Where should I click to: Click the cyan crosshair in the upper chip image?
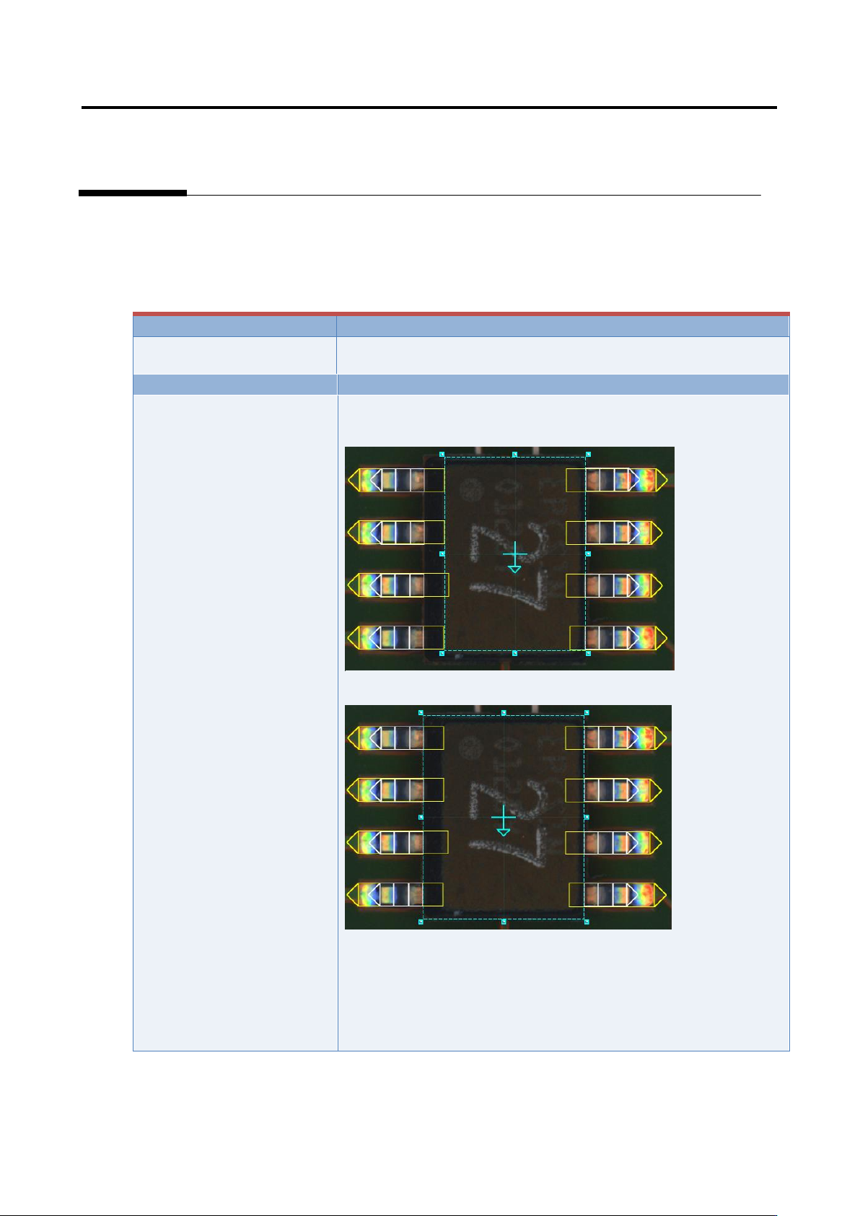pos(514,555)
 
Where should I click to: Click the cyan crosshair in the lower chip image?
pos(503,818)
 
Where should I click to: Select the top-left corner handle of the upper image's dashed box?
pos(442,455)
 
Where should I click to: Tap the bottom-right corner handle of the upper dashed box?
pos(588,653)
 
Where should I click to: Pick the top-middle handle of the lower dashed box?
pos(504,712)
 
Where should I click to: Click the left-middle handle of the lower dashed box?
pos(421,817)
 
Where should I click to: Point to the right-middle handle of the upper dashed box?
pos(588,554)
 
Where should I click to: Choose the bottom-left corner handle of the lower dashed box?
pos(421,922)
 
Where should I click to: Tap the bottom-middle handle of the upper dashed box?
pos(514,653)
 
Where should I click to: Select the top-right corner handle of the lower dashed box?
pos(587,712)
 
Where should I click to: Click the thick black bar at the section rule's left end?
pos(132,193)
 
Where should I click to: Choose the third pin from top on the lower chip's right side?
pos(613,842)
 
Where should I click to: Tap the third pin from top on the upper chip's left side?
pos(397,585)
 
